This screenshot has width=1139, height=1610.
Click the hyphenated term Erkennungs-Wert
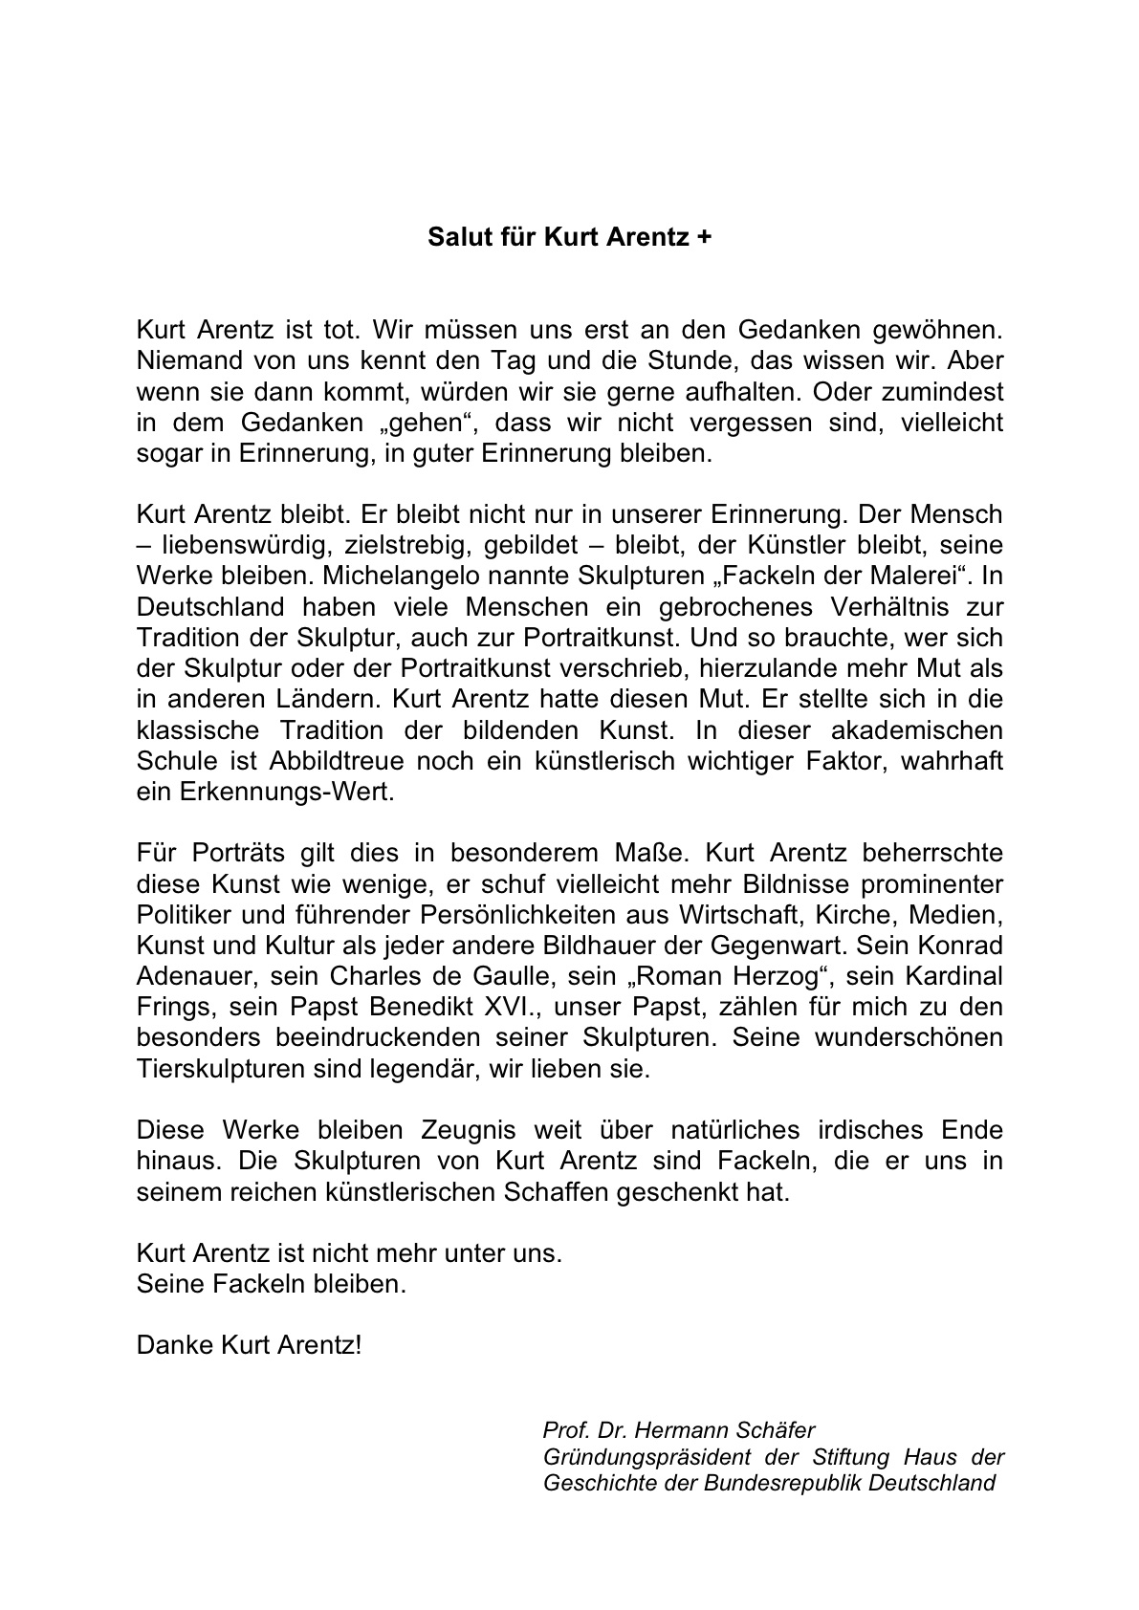(282, 794)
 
